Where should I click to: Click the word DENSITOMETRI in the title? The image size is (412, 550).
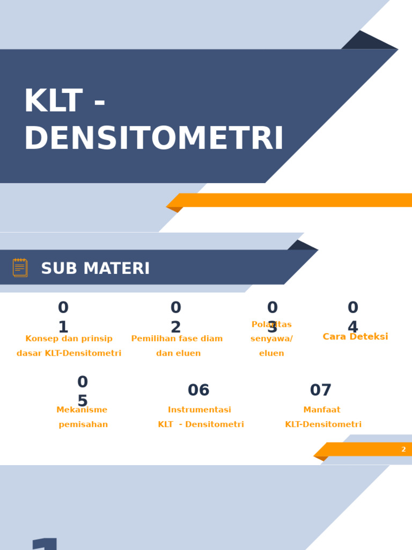[153, 140]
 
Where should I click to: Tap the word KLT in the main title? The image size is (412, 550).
[53, 102]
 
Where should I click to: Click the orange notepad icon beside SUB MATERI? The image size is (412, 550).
[20, 267]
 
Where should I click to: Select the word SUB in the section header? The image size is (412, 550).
[57, 269]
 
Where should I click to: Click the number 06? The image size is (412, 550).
[198, 390]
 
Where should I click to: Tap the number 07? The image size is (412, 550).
[321, 390]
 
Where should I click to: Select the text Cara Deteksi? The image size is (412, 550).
[355, 337]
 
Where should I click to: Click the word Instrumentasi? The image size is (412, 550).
[200, 410]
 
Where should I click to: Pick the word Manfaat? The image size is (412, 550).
[322, 410]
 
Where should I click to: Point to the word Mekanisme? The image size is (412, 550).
[82, 410]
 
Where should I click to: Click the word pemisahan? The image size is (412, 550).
[83, 425]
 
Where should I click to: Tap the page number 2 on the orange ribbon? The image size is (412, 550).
[403, 450]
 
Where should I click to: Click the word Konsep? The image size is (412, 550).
[42, 339]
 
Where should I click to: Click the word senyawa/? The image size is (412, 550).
[271, 339]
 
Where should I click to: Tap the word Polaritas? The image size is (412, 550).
[271, 325]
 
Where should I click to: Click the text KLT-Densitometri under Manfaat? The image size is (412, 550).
[323, 425]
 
